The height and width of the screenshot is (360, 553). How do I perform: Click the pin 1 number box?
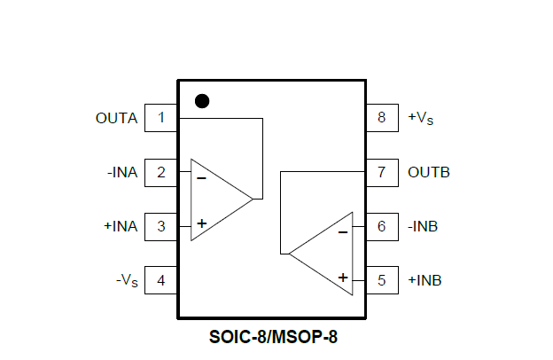click(160, 117)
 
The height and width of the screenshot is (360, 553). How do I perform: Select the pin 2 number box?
click(160, 172)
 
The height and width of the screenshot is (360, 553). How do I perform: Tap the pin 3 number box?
click(160, 226)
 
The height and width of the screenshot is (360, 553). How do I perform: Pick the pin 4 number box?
click(160, 281)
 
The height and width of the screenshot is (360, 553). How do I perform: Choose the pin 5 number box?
click(382, 281)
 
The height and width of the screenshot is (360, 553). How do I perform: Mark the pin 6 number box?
click(382, 226)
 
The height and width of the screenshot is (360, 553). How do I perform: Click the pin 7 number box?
click(382, 172)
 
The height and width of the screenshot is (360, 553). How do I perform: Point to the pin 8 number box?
click(382, 117)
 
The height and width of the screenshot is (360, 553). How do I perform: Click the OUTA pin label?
click(116, 118)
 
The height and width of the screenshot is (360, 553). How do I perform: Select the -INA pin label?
click(121, 172)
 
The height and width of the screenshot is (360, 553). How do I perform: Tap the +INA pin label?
click(121, 226)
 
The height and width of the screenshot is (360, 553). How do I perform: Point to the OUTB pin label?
click(429, 172)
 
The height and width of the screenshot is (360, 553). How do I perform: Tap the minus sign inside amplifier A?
click(201, 178)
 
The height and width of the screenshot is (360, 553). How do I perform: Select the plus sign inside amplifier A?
click(202, 223)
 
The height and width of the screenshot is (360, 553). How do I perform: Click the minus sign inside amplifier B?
click(343, 232)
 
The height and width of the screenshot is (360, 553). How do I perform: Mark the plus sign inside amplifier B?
click(343, 278)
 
